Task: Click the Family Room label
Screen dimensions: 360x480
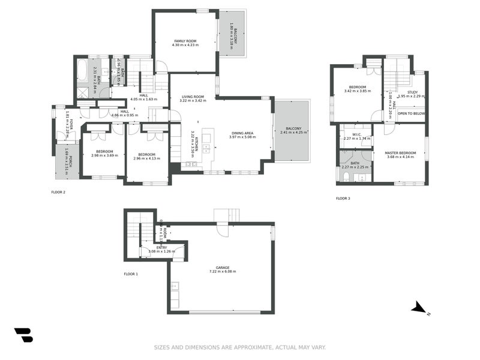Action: (184, 40)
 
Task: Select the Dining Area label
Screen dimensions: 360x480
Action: (242, 133)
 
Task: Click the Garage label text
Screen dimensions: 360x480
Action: (223, 268)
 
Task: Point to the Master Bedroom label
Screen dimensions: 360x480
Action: (401, 152)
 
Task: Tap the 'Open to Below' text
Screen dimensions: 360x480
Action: (411, 113)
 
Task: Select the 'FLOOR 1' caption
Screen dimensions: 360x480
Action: (130, 274)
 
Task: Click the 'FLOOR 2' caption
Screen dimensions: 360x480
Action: (58, 192)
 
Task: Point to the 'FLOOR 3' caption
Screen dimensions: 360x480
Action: (342, 198)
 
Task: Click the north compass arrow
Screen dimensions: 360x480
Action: (419, 308)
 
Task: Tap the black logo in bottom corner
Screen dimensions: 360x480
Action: (23, 335)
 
